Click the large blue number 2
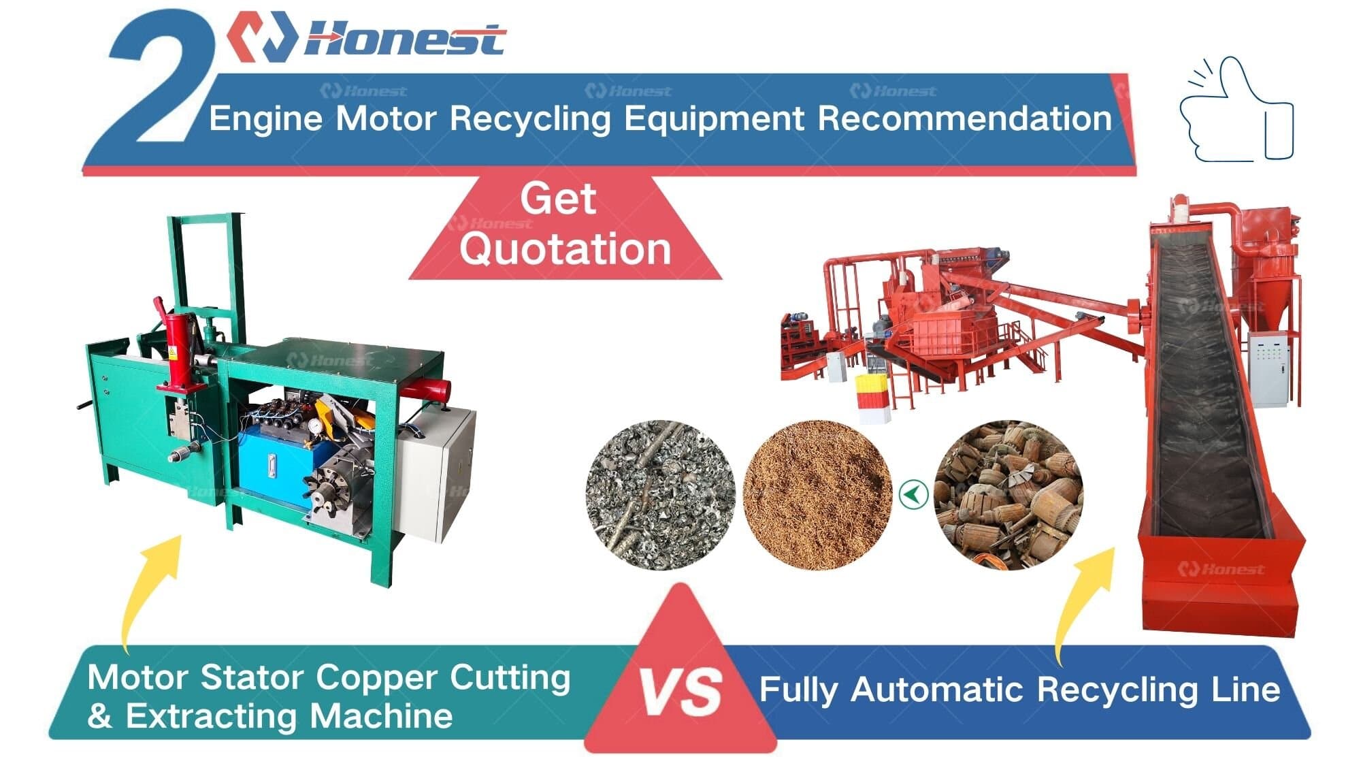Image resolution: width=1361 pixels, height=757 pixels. click(160, 82)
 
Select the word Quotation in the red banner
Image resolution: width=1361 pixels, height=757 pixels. click(565, 248)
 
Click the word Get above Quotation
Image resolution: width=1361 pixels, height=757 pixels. click(558, 199)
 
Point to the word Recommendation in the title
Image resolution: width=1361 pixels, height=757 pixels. click(964, 119)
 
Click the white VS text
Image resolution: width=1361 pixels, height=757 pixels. click(681, 692)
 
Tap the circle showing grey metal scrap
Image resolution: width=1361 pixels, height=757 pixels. click(660, 495)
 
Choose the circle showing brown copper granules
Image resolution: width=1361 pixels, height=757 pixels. click(817, 495)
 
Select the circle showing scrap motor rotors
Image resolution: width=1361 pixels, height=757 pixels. click(1008, 495)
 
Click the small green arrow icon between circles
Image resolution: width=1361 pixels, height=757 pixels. click(913, 494)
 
